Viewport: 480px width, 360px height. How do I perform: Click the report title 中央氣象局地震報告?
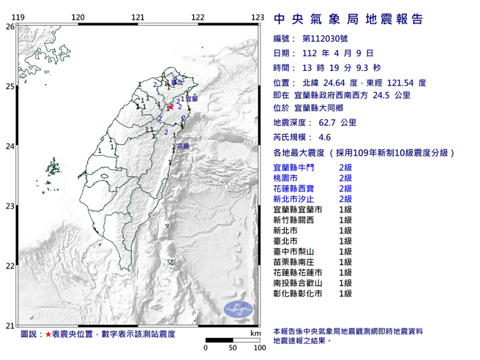click(x=348, y=19)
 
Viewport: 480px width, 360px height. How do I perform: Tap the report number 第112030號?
click(x=326, y=39)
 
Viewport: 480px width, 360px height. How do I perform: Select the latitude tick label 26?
click(x=10, y=26)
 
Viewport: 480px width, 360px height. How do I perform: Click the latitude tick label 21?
click(x=10, y=326)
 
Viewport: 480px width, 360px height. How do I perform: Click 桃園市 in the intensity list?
click(x=285, y=178)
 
